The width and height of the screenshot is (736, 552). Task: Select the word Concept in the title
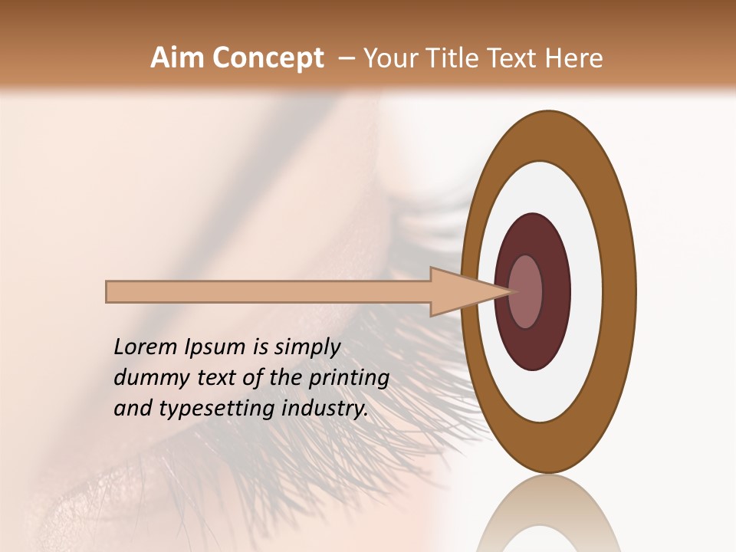coord(268,58)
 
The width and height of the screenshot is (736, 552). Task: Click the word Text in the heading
coord(510,58)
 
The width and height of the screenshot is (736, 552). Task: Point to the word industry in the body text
coord(321,409)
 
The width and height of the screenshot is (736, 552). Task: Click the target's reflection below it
coord(548,514)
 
